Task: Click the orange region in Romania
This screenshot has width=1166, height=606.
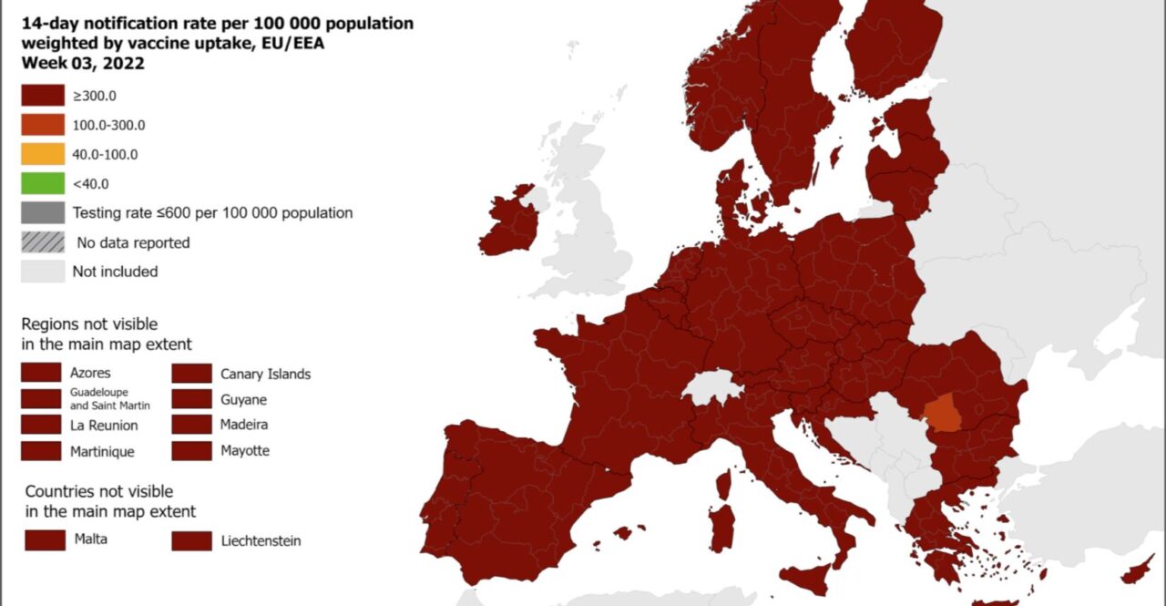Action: pyautogui.click(x=942, y=413)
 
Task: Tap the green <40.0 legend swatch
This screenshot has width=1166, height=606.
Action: pyautogui.click(x=43, y=183)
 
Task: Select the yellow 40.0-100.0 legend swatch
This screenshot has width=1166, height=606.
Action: pyautogui.click(x=43, y=154)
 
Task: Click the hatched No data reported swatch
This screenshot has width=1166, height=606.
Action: pyautogui.click(x=43, y=242)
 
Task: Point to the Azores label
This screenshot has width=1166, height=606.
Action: pyautogui.click(x=90, y=373)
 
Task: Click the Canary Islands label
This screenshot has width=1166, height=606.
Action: pyautogui.click(x=265, y=374)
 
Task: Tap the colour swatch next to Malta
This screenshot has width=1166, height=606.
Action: pyautogui.click(x=45, y=539)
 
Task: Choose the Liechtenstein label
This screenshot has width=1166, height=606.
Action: pyautogui.click(x=261, y=541)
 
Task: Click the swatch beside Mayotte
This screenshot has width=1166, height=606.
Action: pyautogui.click(x=191, y=450)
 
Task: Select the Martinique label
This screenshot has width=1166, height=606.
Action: pyautogui.click(x=102, y=451)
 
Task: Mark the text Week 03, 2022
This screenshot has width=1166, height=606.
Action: pyautogui.click(x=83, y=64)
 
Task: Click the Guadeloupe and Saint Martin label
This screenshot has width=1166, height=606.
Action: pyautogui.click(x=109, y=399)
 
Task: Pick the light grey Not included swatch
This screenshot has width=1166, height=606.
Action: pyautogui.click(x=43, y=272)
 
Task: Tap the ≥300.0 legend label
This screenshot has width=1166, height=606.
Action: pyautogui.click(x=95, y=96)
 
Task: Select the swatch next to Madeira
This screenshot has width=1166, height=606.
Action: pyautogui.click(x=191, y=425)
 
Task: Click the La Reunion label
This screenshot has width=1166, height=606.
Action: pyautogui.click(x=104, y=426)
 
